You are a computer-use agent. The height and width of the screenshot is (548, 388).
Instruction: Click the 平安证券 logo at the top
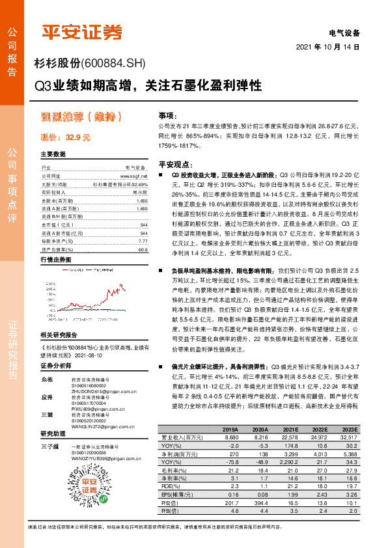(82, 31)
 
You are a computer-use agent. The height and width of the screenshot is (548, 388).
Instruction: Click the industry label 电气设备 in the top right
(344, 33)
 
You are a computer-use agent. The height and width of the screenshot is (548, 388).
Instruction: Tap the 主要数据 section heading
(53, 154)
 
